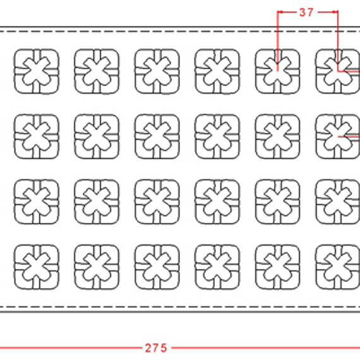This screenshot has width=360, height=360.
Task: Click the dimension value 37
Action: [x=306, y=12]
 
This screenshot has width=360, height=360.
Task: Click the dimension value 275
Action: [x=156, y=348]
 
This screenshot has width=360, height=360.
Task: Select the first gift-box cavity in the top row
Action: [x=37, y=71]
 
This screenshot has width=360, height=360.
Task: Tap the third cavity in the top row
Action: [x=157, y=71]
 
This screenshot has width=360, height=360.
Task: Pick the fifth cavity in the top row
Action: [x=277, y=71]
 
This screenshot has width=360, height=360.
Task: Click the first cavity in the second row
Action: [x=37, y=136]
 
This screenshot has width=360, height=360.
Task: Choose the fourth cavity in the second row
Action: [x=217, y=136]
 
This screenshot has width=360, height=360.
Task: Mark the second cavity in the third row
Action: [x=97, y=202]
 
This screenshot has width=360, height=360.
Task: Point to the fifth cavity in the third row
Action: [x=277, y=202]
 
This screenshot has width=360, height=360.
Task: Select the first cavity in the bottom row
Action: [x=37, y=267]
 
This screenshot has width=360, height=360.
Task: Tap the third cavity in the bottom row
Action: [x=157, y=267]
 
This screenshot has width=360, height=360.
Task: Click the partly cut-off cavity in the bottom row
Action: [x=338, y=267]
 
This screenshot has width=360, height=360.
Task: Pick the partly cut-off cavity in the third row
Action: [x=338, y=202]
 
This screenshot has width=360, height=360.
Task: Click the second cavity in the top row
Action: [x=97, y=71]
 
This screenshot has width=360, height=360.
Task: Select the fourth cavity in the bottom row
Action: [x=217, y=267]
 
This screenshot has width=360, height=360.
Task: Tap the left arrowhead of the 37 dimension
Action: [x=280, y=12]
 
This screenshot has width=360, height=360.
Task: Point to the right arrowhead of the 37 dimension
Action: [x=335, y=12]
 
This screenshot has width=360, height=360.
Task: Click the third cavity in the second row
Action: [x=157, y=136]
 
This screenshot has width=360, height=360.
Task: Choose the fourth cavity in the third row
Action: [x=217, y=202]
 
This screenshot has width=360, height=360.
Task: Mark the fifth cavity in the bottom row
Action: [x=277, y=267]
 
